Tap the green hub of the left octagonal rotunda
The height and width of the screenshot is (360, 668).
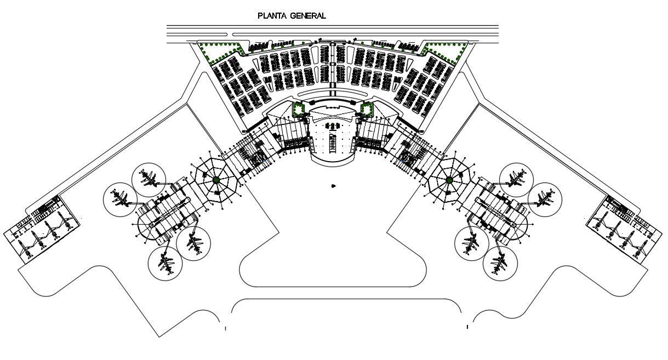216,180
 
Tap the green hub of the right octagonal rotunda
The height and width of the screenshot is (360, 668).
449,180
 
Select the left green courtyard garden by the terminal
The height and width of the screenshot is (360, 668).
299,110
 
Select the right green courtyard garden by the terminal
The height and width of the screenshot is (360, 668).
367,110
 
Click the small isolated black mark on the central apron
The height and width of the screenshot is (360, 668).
333,187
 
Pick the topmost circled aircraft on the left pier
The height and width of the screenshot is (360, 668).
149,178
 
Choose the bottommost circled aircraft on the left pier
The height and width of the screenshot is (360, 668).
165,264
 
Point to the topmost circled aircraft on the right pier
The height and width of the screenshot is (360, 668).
516,178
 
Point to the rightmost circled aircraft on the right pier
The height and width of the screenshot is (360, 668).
545,198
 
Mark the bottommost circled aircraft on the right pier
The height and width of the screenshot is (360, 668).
500,264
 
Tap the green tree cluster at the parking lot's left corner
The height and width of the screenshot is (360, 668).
219,52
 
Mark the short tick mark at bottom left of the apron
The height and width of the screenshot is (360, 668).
225,328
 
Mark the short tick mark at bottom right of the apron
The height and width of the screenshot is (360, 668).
467,327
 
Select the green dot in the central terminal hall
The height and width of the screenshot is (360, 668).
333,127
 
